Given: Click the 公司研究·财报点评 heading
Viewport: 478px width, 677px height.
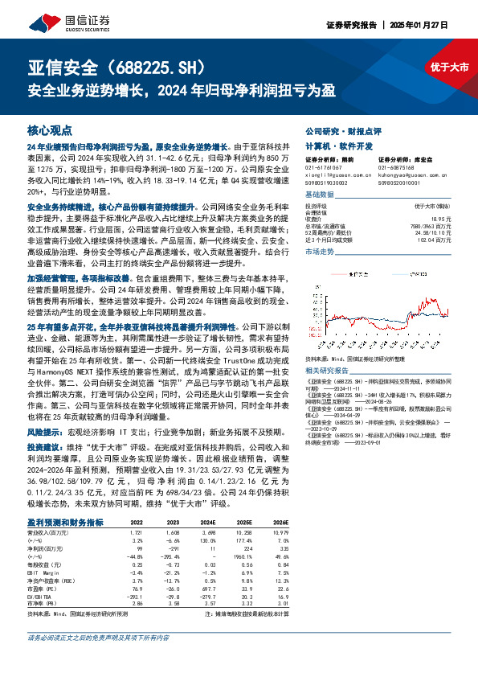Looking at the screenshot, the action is tap(337, 129).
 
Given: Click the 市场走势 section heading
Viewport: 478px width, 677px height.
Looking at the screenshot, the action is tap(319, 252).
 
